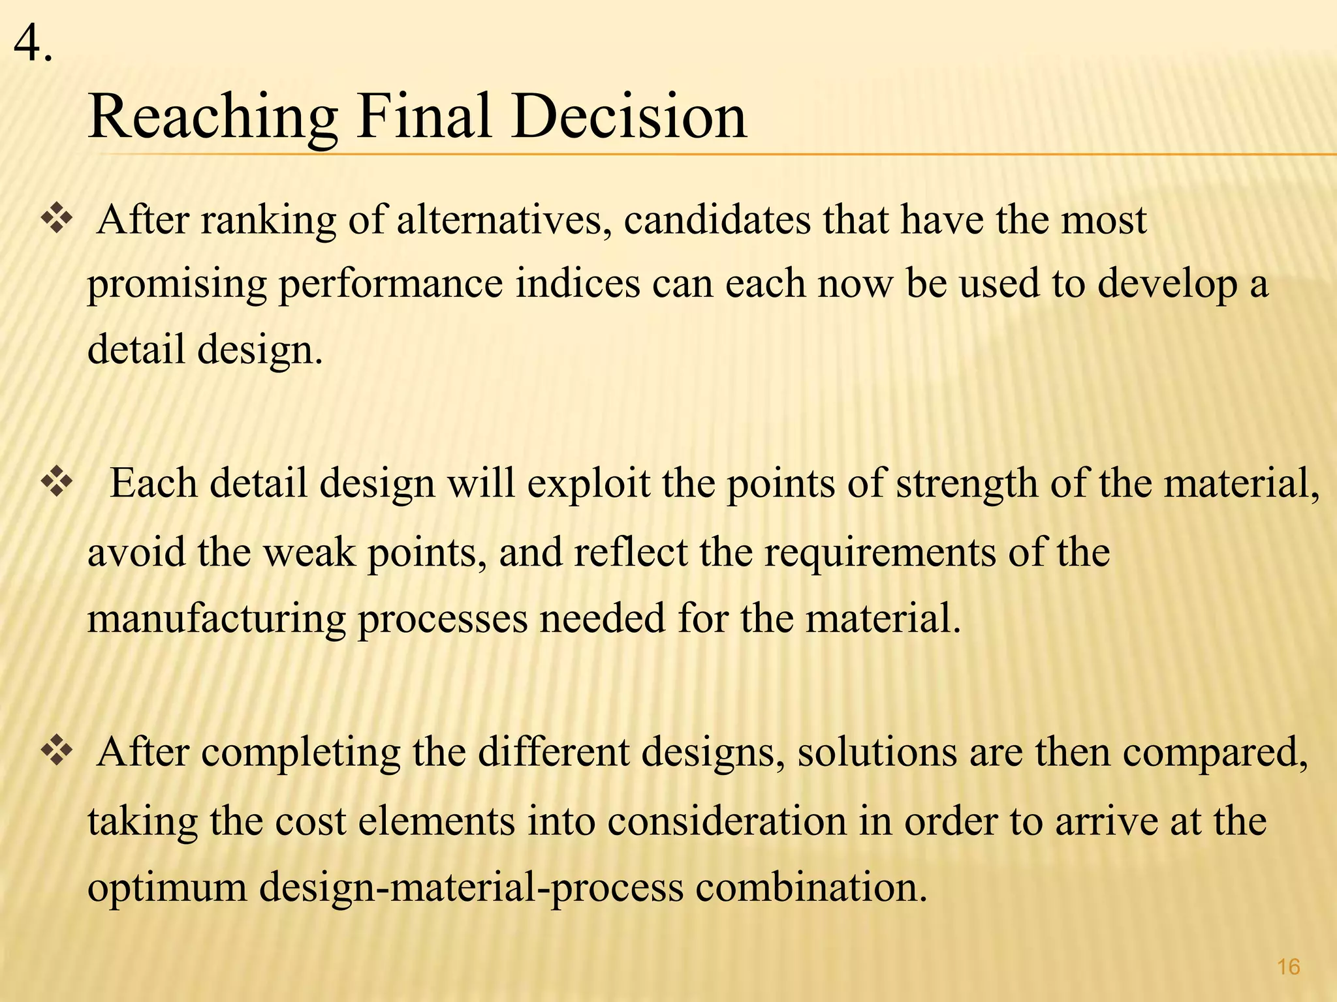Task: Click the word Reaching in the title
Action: pos(213,117)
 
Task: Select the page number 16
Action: pos(1288,967)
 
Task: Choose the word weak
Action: pos(309,553)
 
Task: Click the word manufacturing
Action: pos(216,619)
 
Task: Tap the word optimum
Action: pos(167,889)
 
